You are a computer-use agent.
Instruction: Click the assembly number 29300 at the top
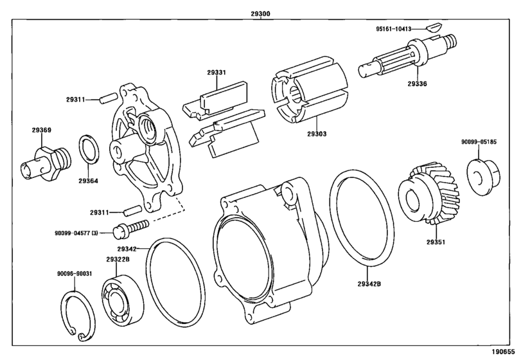260,12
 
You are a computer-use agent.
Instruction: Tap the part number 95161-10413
398,28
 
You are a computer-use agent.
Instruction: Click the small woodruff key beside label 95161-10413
431,28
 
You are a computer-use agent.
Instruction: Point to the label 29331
216,73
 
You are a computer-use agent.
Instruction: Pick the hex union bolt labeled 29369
42,162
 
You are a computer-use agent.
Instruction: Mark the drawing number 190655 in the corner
504,352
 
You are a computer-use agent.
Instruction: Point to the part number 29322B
118,260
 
